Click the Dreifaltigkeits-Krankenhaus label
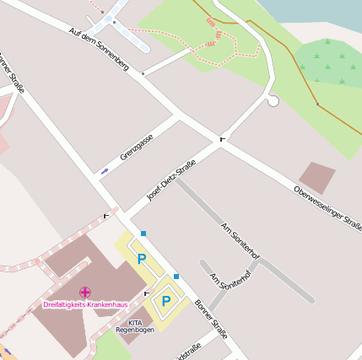coord(85,304)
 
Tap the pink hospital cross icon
coord(85,292)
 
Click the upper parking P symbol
coord(142,259)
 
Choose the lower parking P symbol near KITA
coord(166,299)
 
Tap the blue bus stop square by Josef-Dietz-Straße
coord(143,233)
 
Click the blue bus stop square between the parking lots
coord(176,276)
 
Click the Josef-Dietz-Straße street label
coord(171,180)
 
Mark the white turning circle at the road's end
coord(273,101)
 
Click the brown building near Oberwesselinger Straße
coord(317,178)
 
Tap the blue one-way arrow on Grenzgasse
coord(105,171)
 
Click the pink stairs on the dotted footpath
coord(210,42)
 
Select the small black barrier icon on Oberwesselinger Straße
coord(223,137)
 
